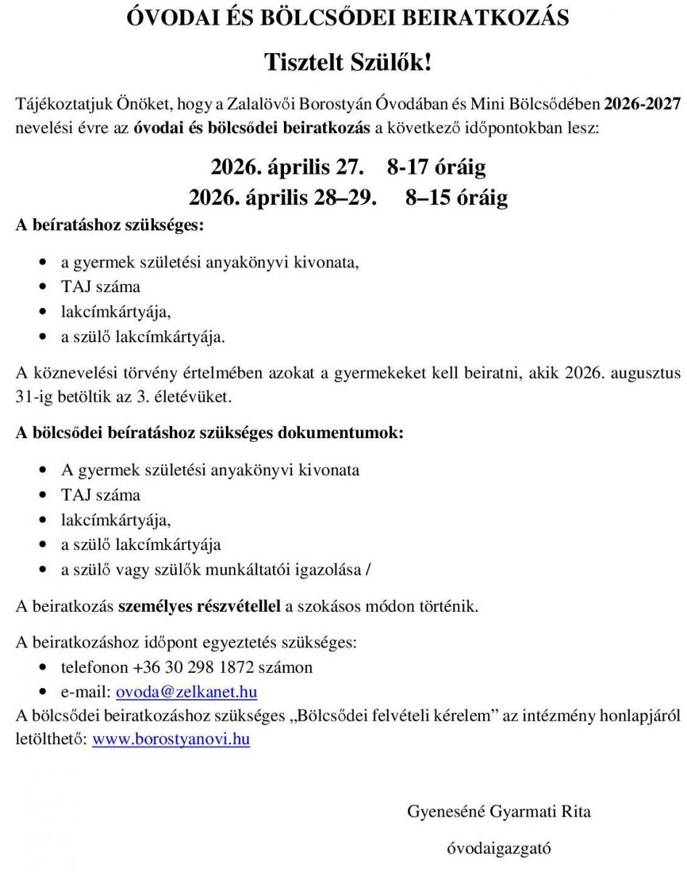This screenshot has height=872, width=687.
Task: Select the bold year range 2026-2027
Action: [x=643, y=103]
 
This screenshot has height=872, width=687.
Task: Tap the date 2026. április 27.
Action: [x=286, y=168]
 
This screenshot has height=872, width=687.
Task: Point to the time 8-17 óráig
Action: [x=436, y=168]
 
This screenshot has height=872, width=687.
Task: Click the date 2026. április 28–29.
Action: [x=282, y=198]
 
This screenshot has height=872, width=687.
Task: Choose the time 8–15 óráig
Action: [x=456, y=198]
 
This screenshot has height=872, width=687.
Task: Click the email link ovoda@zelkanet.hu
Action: [x=187, y=691]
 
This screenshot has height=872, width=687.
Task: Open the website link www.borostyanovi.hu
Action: [x=171, y=740]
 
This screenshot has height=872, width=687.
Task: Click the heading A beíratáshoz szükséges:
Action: [x=110, y=225]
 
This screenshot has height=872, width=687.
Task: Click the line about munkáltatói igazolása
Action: [x=216, y=570]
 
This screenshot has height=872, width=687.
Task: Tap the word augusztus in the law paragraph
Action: [x=646, y=374]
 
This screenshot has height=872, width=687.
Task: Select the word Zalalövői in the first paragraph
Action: [x=254, y=103]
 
